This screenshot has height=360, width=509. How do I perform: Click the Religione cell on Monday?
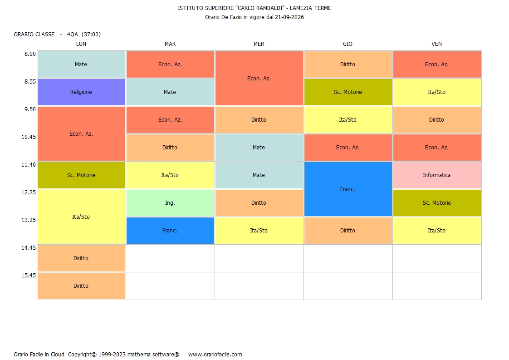[81, 92]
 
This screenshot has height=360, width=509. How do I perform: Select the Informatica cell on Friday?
[437, 175]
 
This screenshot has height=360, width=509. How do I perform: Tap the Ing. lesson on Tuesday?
[170, 203]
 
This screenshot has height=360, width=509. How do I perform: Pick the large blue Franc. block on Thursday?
[347, 189]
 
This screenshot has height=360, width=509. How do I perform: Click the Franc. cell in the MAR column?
[170, 230]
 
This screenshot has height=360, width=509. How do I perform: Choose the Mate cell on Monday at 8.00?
[81, 64]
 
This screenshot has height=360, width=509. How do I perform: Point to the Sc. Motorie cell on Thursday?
[347, 92]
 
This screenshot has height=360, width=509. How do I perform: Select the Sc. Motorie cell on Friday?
[437, 203]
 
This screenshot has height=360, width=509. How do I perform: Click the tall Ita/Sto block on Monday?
[81, 217]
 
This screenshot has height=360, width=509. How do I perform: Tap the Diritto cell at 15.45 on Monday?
[81, 286]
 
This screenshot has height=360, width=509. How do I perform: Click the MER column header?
[259, 44]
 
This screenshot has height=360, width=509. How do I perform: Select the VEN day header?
[436, 44]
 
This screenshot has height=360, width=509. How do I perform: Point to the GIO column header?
[347, 44]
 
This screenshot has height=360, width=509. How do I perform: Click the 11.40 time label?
[29, 165]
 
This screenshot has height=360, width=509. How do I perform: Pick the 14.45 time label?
[29, 248]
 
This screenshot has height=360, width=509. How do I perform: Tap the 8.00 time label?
[30, 54]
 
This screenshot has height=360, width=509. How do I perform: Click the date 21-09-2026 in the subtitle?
[289, 17]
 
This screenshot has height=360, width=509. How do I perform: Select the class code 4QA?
[73, 35]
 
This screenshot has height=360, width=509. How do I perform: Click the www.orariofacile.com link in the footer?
[215, 355]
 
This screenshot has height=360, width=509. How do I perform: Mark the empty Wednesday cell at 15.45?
[259, 286]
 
